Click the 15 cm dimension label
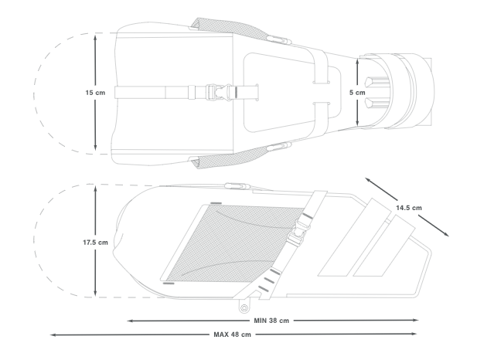[x=95, y=93]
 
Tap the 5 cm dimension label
[x=357, y=93]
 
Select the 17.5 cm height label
[x=95, y=243]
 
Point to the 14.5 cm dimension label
[x=409, y=208]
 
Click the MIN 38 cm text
[x=271, y=321]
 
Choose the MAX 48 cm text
[x=232, y=335]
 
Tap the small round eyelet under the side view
[x=244, y=307]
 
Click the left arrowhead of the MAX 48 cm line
[x=53, y=335]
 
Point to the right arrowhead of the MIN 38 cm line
[x=415, y=321]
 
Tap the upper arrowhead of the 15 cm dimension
[x=95, y=38]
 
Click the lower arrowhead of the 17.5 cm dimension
[x=95, y=293]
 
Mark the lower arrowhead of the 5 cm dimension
[x=357, y=122]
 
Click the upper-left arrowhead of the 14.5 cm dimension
[x=368, y=180]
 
